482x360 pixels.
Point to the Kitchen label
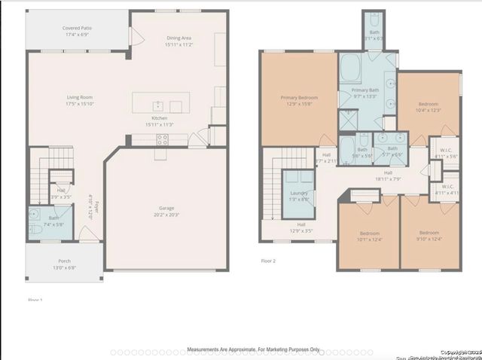point(159,121)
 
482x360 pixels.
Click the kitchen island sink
point(158,106)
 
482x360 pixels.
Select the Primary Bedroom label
point(299,101)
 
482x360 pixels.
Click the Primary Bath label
point(365,93)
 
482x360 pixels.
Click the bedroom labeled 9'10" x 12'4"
point(429,236)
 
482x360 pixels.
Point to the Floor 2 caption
point(269,261)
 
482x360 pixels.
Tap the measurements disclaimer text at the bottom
point(253,349)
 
